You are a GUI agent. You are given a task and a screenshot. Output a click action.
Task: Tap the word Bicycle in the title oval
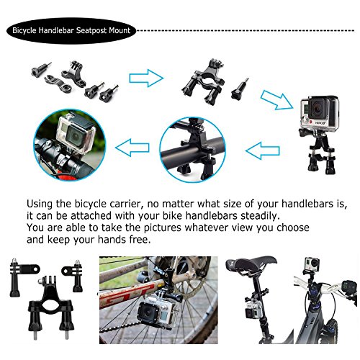pos(24,31)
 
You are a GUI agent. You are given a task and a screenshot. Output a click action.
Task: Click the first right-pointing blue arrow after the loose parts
pos(146,78)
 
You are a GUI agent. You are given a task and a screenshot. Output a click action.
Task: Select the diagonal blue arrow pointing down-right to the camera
pos(276,100)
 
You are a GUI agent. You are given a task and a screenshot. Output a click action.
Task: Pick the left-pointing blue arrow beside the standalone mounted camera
pos(263,150)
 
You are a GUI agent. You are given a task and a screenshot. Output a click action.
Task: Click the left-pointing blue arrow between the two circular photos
pos(132,148)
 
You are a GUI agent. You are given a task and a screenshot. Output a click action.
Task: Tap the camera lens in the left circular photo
pos(75,136)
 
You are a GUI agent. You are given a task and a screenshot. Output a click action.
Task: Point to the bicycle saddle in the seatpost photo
pos(251,264)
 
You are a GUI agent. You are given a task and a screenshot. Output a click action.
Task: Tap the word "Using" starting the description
pos(40,204)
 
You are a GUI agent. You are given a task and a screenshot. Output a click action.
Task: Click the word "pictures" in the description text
pos(162,228)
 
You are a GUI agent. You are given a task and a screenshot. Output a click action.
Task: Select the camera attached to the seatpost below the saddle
pos(253,309)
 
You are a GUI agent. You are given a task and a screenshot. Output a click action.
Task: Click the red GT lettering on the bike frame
pos(127,295)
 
